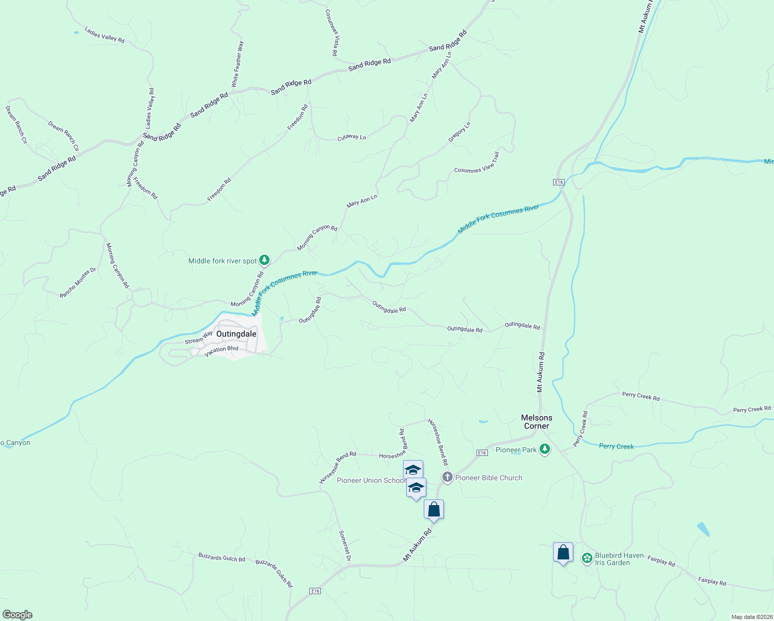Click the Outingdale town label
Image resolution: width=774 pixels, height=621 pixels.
tap(236, 334)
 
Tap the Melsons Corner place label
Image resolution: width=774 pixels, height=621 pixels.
tap(537, 422)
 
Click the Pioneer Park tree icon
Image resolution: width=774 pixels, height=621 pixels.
tap(544, 449)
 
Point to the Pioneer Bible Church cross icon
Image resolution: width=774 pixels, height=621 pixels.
tap(447, 477)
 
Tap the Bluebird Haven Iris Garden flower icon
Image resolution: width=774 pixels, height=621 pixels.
tap(587, 558)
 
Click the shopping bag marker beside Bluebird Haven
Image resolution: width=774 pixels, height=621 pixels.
tap(563, 552)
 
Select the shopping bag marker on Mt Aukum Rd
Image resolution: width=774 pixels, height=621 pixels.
tap(434, 509)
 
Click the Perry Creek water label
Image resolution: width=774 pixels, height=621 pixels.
tap(616, 446)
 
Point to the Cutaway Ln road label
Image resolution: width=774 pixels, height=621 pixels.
tap(351, 137)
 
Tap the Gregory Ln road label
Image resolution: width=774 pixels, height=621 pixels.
tap(459, 132)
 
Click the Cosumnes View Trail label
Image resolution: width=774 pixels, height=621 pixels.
tap(477, 162)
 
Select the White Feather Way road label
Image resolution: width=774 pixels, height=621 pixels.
tap(237, 64)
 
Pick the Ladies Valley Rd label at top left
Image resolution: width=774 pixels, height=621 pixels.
tap(105, 35)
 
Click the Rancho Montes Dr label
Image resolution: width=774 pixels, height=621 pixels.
tap(78, 283)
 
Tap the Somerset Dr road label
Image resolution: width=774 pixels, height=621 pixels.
tap(345, 545)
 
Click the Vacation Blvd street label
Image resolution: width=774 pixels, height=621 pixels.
tap(221, 351)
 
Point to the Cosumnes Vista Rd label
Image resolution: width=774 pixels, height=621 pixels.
tap(332, 32)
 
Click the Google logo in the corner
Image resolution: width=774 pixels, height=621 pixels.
tap(18, 614)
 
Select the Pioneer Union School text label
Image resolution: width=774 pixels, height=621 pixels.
tap(371, 480)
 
